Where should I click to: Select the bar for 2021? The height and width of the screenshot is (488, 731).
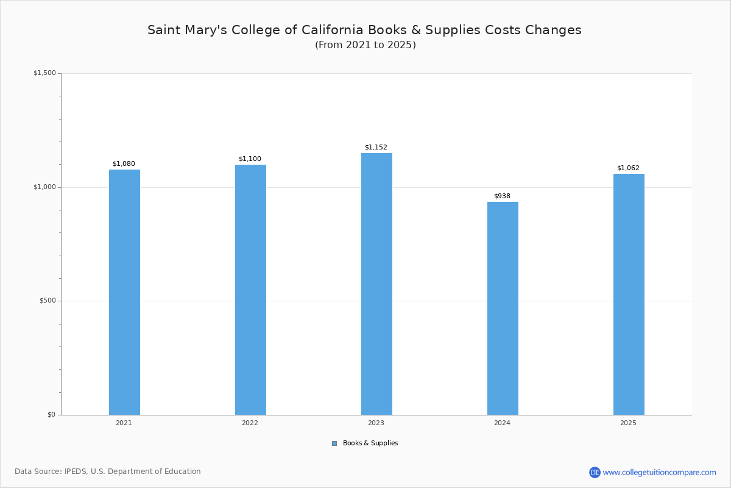(x=124, y=292)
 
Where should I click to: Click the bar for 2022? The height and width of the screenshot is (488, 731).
(x=250, y=290)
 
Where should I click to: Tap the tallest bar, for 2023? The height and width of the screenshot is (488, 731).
(x=376, y=284)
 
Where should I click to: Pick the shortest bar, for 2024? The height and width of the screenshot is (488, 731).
(x=503, y=309)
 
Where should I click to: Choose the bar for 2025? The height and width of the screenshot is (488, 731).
(x=629, y=295)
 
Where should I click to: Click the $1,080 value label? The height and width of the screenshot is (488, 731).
(x=124, y=163)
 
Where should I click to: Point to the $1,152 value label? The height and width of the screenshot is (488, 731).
(x=376, y=148)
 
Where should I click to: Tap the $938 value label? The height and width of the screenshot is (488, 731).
(x=502, y=196)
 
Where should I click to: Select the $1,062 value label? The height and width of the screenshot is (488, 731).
(x=628, y=168)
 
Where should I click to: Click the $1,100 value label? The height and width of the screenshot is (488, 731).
(x=250, y=159)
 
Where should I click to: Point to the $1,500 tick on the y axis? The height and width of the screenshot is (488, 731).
(x=44, y=73)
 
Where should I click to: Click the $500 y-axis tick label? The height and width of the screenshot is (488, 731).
(x=48, y=301)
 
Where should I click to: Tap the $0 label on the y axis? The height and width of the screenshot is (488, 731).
(x=52, y=415)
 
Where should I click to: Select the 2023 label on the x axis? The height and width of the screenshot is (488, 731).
(x=376, y=423)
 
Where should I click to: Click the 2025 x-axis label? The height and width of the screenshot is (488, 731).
(x=628, y=423)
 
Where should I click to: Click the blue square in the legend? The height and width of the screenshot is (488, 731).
(x=334, y=443)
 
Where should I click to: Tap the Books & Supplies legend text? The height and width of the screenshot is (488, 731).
(x=370, y=443)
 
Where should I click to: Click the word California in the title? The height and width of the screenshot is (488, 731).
(x=333, y=30)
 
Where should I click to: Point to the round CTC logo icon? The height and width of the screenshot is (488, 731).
(x=595, y=472)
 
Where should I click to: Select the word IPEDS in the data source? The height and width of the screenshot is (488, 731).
(x=76, y=472)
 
